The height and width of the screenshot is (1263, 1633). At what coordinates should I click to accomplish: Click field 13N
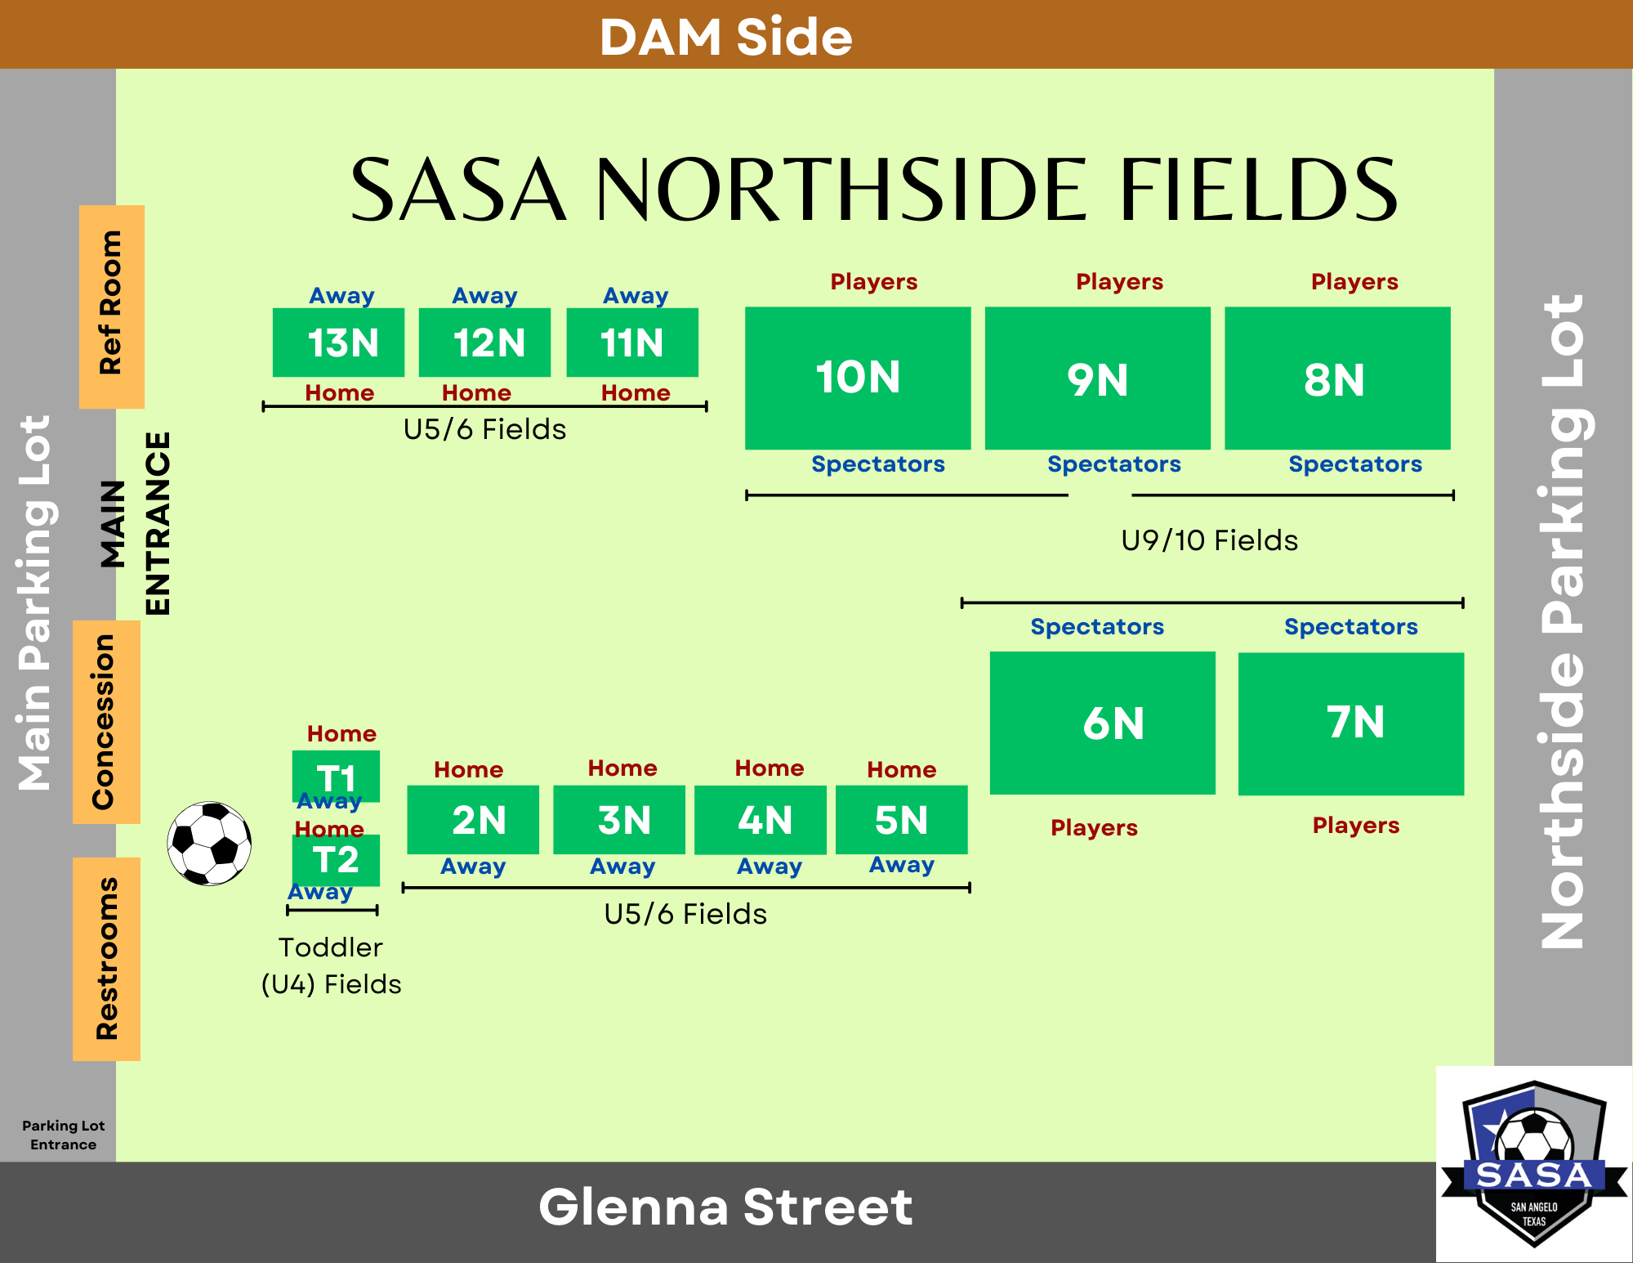point(338,342)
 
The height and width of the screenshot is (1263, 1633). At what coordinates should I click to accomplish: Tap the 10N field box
point(858,378)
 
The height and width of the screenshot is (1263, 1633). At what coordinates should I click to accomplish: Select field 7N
point(1351,723)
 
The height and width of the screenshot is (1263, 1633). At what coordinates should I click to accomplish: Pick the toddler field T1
point(336,776)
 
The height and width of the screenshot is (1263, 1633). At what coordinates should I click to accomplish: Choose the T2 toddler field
point(336,860)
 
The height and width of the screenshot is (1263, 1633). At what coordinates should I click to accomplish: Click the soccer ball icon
point(209,843)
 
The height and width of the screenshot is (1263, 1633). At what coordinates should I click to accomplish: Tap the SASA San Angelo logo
point(1534,1164)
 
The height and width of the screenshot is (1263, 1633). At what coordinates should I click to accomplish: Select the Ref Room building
point(112,307)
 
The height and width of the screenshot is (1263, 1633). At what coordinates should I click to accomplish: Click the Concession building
point(106,722)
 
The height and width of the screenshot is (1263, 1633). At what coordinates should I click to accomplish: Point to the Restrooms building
point(106,959)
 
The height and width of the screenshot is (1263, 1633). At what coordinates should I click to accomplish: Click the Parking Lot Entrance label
point(64,1135)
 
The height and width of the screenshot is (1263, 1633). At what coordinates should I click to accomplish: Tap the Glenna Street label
point(725,1207)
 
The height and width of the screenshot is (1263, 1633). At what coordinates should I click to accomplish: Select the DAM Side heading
point(726,37)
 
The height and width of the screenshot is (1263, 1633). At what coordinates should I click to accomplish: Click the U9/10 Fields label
point(1209,540)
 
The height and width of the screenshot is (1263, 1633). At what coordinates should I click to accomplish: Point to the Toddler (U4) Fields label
point(331,965)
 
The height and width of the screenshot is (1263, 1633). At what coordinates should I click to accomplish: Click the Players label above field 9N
point(1119,281)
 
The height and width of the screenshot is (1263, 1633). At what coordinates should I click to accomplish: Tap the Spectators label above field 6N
point(1097,626)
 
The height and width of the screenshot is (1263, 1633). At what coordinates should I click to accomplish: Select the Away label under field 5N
point(902,864)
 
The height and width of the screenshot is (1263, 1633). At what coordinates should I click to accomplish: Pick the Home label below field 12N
point(476,392)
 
